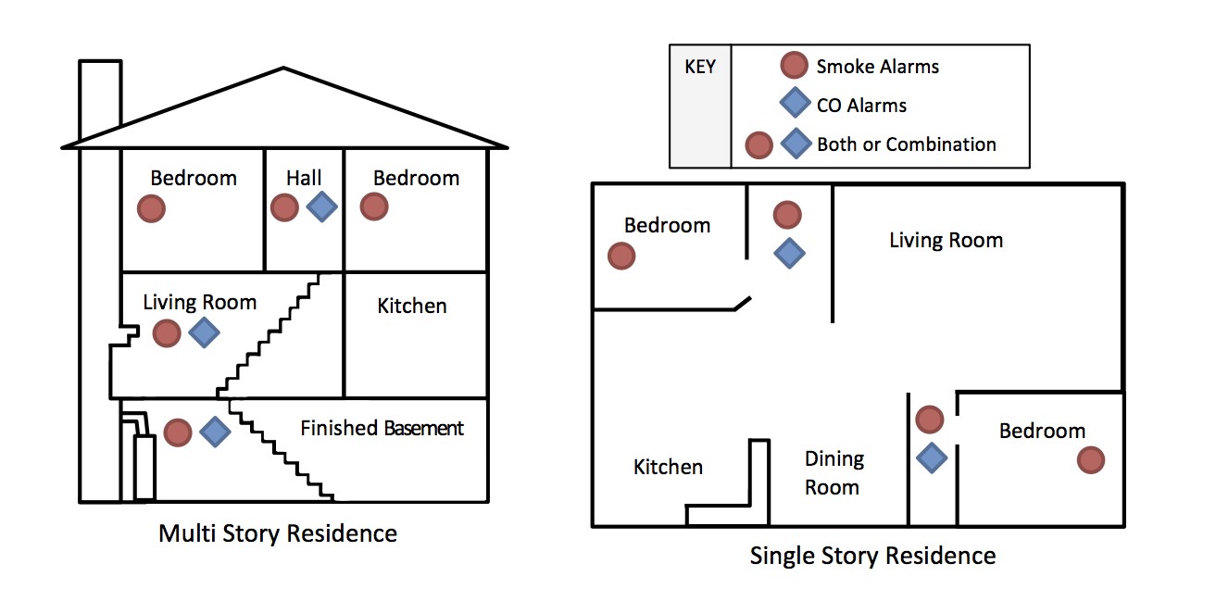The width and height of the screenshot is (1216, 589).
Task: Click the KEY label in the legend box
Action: pos(700,67)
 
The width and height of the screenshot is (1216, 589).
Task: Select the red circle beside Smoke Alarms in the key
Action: pos(795,66)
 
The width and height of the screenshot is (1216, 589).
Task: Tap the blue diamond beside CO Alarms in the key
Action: pos(796,103)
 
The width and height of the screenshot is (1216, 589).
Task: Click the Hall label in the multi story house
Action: pos(304,178)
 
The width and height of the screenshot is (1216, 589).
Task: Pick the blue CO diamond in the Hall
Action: pos(322,207)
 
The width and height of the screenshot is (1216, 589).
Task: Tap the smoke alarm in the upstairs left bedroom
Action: pos(151,209)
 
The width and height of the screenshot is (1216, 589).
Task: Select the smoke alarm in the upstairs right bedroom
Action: pos(374,207)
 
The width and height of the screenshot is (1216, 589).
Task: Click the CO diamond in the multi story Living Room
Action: pos(204,332)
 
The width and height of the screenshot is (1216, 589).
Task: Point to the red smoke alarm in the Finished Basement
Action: pos(178,432)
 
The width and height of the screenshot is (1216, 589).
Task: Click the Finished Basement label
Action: pos(382,428)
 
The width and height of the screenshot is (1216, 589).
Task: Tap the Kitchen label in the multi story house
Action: pos(412,306)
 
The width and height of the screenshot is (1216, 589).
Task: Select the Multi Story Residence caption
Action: pos(278,533)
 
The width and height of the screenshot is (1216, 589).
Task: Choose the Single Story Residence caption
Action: pos(873,556)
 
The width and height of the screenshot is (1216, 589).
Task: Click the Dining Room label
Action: pos(834,473)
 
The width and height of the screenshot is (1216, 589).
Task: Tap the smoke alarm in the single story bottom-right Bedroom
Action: pos(1091,459)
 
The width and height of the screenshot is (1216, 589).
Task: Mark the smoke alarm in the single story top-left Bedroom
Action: pos(621,256)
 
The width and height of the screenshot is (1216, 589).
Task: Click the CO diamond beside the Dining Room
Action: pos(932,457)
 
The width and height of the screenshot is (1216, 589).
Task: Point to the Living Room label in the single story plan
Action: pos(946,241)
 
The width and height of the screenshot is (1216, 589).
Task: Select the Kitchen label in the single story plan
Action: pos(668,467)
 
